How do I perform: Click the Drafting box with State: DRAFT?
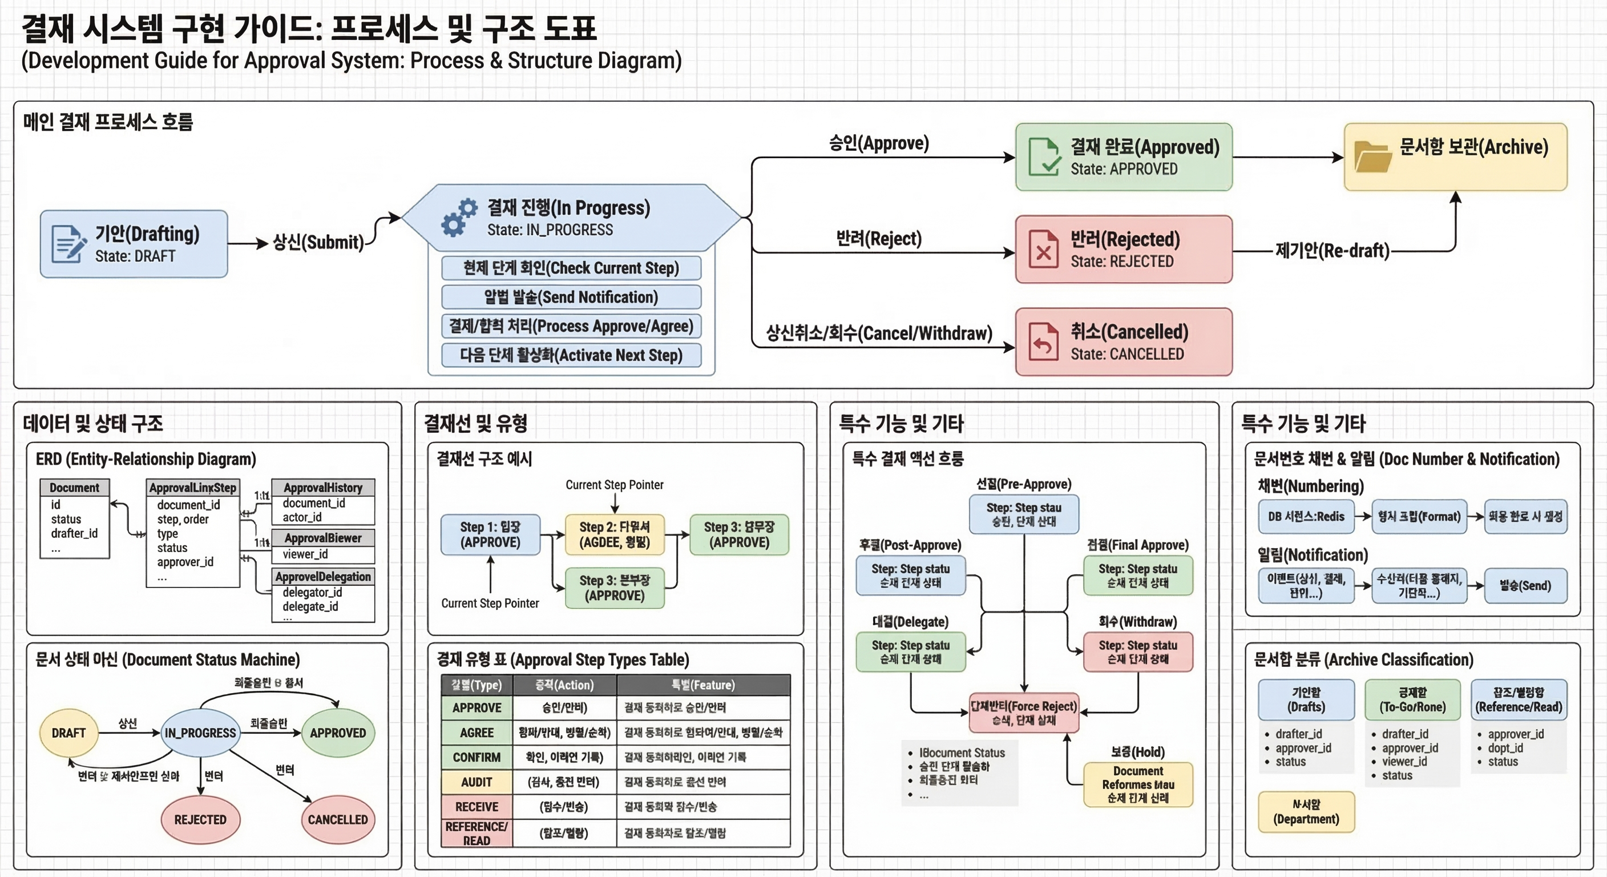[134, 244]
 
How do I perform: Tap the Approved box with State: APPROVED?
[1124, 156]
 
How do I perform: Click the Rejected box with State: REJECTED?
[1124, 249]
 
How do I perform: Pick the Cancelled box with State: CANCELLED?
[1124, 341]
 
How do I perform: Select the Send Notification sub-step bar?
[571, 297]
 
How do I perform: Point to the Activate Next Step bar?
[571, 355]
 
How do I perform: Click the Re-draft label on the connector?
[1332, 251]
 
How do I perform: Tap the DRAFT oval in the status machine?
[68, 733]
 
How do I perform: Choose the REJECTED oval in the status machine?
[200, 819]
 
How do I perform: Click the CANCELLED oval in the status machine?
[337, 819]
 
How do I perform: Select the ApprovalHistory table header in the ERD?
[323, 488]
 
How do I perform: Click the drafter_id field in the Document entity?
[74, 534]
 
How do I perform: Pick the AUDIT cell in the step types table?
[477, 782]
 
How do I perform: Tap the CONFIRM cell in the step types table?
[477, 757]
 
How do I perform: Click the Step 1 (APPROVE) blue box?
[490, 534]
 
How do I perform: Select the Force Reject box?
[1023, 713]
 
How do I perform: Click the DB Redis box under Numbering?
[1306, 516]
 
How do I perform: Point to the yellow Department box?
[1306, 812]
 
